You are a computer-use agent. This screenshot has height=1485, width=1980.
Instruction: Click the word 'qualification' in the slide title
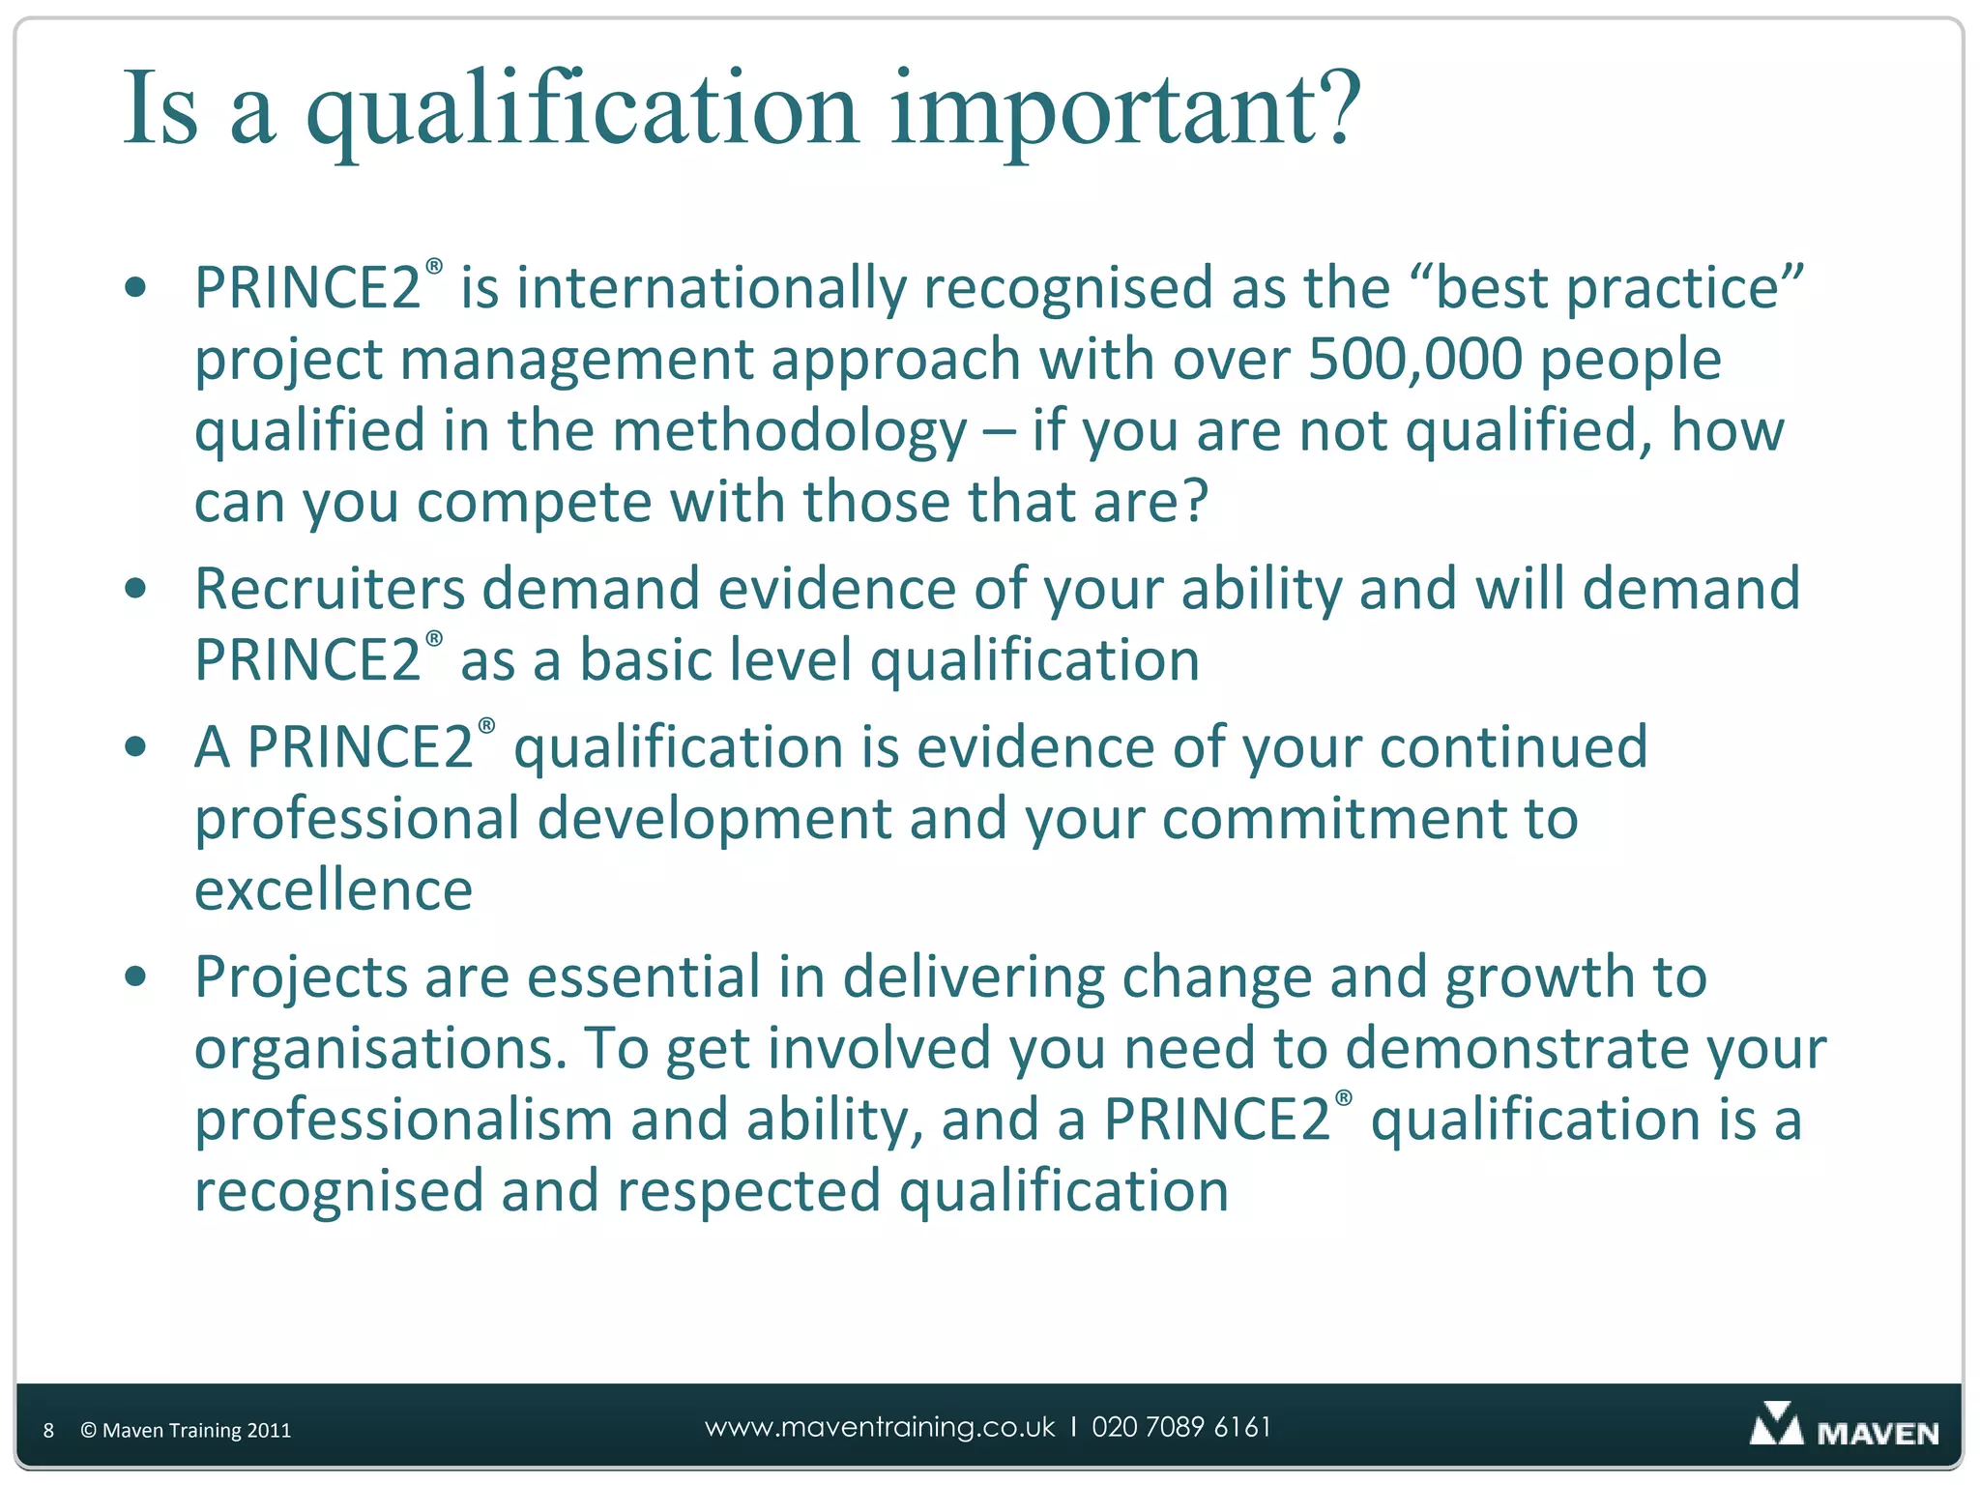[x=582, y=109]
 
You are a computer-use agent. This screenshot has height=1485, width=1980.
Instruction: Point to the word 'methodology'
[x=789, y=431]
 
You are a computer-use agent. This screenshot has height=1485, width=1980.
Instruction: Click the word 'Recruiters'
[x=330, y=589]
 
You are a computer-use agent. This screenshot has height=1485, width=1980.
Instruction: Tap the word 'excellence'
[x=334, y=889]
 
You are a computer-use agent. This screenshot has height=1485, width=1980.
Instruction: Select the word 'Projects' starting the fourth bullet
[x=301, y=977]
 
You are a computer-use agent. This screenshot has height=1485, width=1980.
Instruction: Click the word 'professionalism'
[x=403, y=1120]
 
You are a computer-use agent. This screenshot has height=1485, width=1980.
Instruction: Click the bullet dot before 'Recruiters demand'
[x=136, y=588]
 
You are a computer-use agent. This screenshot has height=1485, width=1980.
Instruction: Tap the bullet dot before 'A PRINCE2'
[x=136, y=746]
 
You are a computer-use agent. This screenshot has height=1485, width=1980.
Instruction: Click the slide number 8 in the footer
[x=48, y=1431]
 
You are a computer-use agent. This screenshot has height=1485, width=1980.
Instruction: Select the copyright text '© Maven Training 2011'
[x=186, y=1431]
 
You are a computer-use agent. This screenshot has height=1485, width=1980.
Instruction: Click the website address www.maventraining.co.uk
[x=880, y=1427]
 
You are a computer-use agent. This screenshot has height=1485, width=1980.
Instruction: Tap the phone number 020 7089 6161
[x=1181, y=1427]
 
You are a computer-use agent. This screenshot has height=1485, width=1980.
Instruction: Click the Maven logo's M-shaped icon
[x=1775, y=1425]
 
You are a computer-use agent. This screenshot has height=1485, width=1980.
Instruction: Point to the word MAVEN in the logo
[x=1878, y=1433]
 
